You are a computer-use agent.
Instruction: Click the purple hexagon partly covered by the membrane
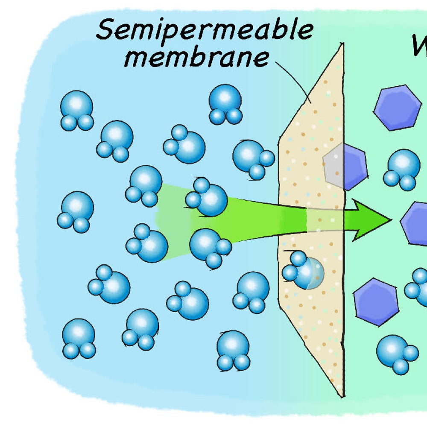tap(345, 167)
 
